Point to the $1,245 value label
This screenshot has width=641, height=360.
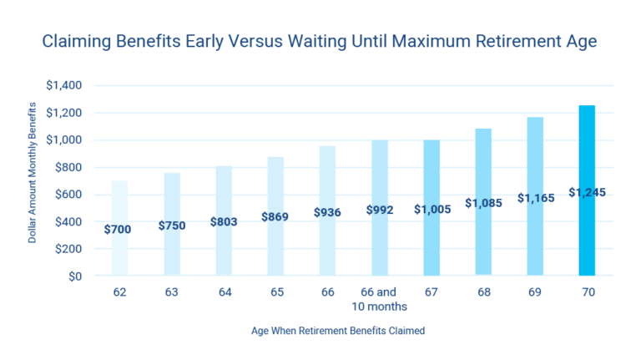coord(587,193)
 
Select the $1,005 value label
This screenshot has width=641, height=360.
coord(432,210)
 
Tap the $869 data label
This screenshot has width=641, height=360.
coord(276,216)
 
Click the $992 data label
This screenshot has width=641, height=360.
coord(380,210)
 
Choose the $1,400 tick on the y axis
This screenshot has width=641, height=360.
coord(63,85)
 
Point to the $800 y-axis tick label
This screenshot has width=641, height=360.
coord(68,167)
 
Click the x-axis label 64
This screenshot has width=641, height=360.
coord(224,293)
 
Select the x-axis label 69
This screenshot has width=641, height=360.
coord(535,293)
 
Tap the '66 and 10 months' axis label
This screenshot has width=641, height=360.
coord(380,300)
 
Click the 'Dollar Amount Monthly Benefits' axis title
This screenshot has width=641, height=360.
coord(33,172)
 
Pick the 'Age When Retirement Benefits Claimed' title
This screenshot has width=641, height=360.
coord(338,331)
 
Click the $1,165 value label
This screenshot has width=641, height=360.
coord(535,199)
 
